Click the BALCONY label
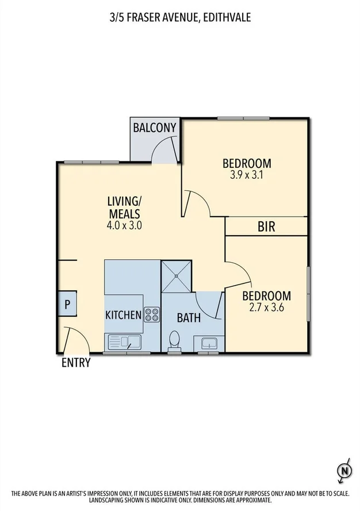(154, 128)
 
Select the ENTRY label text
(76, 363)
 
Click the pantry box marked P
(67, 304)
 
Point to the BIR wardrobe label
(266, 227)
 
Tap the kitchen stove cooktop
(152, 314)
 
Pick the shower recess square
(175, 276)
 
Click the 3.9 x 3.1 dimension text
(246, 175)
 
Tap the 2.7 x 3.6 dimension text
(266, 308)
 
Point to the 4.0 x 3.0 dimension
(124, 225)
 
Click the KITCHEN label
(123, 315)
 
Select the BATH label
(188, 317)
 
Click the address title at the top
(179, 18)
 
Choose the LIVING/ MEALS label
(124, 207)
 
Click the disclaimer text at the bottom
(179, 495)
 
